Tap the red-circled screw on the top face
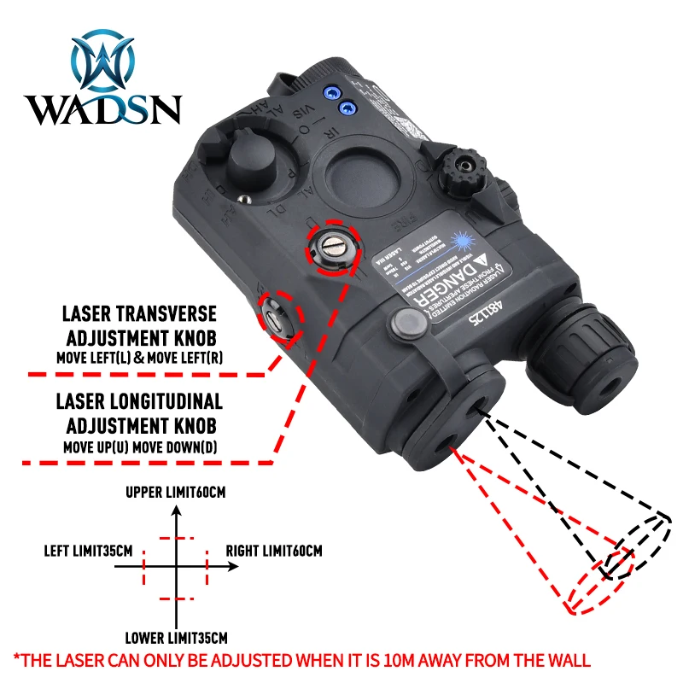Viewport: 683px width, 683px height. point(332,249)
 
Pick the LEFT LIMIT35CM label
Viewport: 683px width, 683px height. point(88,552)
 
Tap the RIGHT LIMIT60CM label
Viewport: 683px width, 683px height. point(274,552)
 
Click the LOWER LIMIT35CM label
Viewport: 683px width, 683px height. point(176,638)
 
